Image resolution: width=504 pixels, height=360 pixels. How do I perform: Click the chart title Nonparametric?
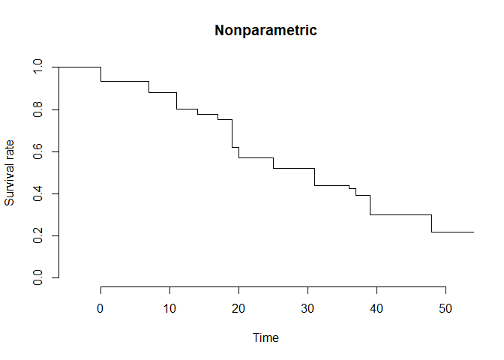point(266,31)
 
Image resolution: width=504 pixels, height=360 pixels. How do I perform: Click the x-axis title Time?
point(266,338)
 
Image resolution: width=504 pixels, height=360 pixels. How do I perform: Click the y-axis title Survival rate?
point(10,172)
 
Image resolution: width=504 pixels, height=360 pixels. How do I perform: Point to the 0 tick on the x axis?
point(100,308)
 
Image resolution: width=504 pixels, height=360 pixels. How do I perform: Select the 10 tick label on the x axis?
point(169,308)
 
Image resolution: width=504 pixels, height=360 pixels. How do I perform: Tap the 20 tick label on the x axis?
point(238,308)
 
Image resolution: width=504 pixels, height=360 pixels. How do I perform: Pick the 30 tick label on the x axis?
point(307,308)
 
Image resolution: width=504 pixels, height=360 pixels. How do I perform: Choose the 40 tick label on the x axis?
point(376,308)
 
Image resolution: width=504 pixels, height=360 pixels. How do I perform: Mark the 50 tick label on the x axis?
point(445,308)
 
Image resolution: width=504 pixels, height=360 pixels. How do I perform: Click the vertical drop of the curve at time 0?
point(100,74)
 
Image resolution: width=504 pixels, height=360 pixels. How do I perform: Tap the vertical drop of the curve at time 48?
point(432,223)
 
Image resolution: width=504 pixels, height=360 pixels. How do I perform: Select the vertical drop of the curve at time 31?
point(315,177)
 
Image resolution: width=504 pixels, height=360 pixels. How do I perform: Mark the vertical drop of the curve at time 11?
point(176,100)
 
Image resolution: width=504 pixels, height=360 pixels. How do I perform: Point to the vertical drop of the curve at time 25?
point(273,163)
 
